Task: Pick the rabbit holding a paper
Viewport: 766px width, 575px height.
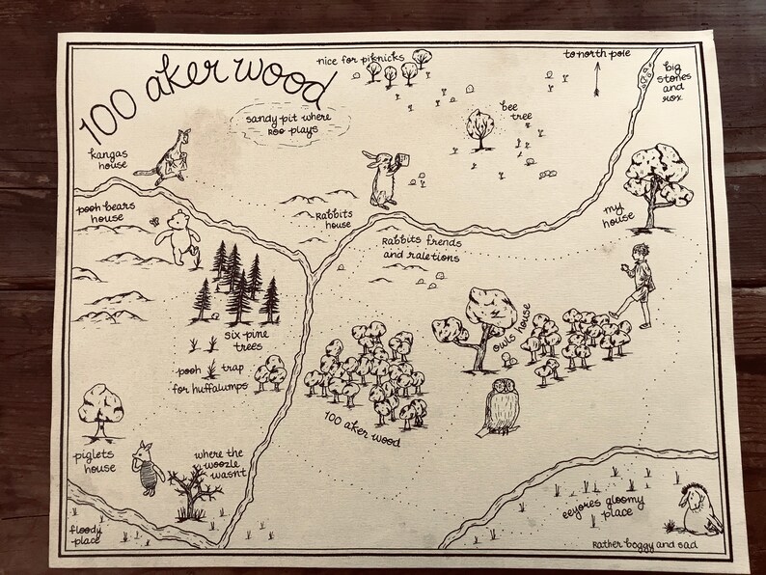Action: coord(382,178)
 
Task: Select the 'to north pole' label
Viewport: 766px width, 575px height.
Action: coord(597,55)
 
